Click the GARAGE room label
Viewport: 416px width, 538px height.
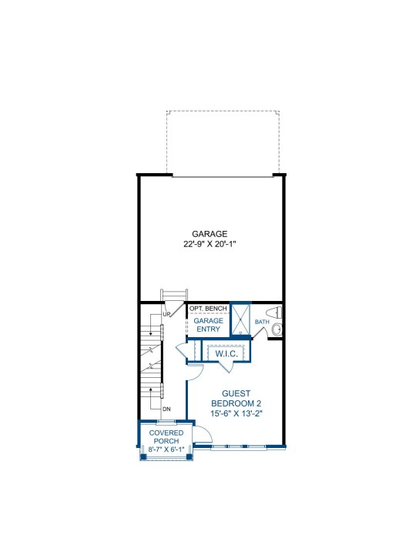click(210, 234)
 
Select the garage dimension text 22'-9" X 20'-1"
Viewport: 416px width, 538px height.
click(210, 244)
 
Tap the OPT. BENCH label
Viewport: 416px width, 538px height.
click(208, 309)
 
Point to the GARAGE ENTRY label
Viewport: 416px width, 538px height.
click(208, 325)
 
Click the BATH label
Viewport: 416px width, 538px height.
click(262, 322)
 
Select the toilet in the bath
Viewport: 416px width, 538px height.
click(274, 312)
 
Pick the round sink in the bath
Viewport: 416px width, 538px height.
click(277, 329)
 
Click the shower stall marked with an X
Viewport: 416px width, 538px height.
click(240, 319)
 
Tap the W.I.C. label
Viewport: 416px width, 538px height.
click(226, 354)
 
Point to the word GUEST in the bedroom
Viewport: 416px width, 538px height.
click(236, 393)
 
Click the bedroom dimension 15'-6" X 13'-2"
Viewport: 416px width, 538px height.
click(237, 413)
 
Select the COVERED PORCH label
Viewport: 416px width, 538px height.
click(166, 436)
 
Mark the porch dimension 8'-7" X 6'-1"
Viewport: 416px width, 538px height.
click(166, 449)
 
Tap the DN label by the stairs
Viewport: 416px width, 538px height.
click(166, 409)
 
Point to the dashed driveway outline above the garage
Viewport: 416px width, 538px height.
click(223, 111)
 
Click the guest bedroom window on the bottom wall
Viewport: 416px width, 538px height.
click(238, 446)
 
